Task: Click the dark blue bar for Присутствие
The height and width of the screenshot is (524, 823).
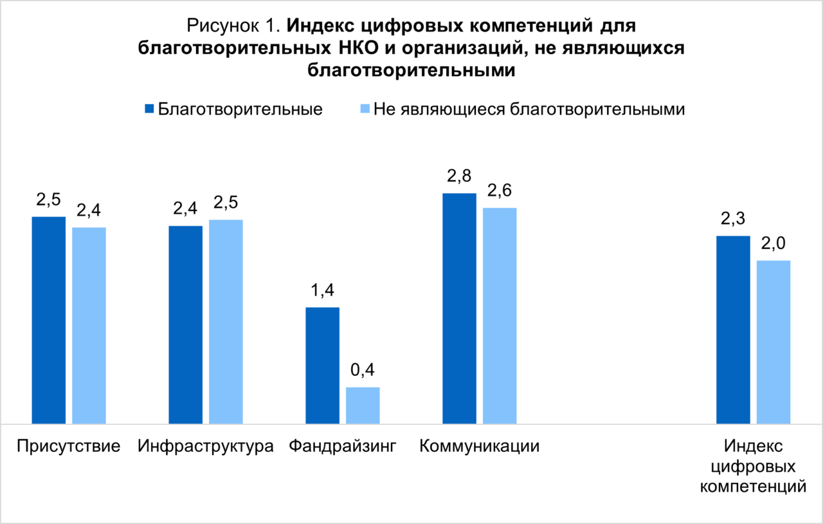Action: [x=48, y=320]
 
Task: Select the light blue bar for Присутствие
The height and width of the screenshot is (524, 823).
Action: [x=89, y=325]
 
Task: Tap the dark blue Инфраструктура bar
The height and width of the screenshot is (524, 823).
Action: [x=185, y=324]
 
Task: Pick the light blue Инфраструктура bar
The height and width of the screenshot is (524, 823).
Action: [x=226, y=321]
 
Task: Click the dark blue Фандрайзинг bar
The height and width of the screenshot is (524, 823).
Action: [x=322, y=365]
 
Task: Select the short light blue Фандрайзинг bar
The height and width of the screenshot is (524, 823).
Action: [x=363, y=405]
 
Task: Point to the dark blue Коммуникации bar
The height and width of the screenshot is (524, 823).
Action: [x=459, y=308]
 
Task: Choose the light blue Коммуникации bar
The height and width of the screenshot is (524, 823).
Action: [x=500, y=315]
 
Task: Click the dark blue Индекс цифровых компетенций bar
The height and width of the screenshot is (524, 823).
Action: [x=733, y=330]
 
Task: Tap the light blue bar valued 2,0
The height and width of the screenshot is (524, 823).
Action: [x=773, y=342]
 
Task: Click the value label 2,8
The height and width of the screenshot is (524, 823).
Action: [x=459, y=176]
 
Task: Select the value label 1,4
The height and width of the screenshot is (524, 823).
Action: [x=322, y=291]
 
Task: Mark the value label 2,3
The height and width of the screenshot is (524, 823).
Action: [x=733, y=220]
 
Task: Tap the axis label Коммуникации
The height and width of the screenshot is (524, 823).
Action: [x=479, y=446]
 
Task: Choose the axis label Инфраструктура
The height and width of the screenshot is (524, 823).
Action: [x=206, y=446]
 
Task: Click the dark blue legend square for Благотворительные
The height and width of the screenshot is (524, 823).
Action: [x=149, y=109]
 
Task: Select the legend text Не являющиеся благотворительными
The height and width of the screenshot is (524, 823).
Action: [x=529, y=109]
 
